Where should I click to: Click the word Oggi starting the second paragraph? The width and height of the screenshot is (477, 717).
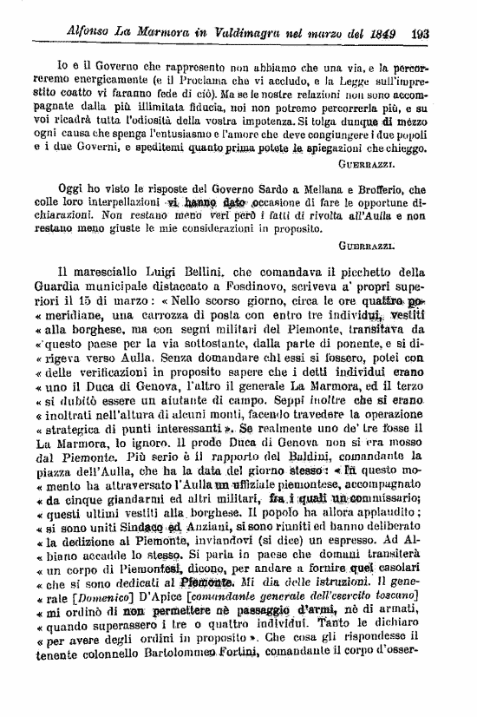click(x=70, y=189)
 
